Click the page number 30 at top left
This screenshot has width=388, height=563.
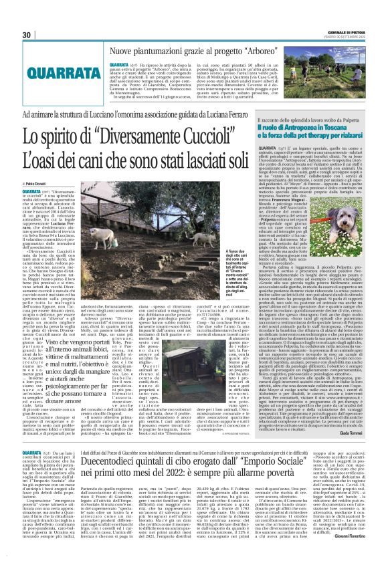pyautogui.click(x=26, y=35)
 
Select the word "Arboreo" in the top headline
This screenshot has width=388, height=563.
pyautogui.click(x=235, y=51)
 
